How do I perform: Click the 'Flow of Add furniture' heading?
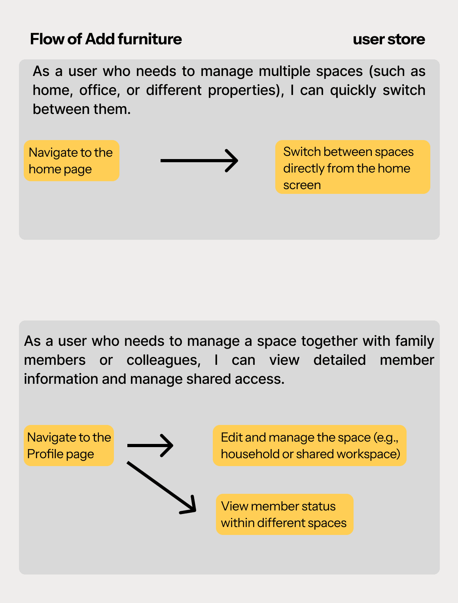(106, 39)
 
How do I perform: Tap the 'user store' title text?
(389, 39)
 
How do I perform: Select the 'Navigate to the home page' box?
(71, 161)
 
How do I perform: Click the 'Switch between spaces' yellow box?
(352, 167)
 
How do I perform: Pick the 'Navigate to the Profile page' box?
(69, 446)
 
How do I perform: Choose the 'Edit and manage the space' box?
(310, 446)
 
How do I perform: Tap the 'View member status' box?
(284, 514)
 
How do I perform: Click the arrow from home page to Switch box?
(199, 161)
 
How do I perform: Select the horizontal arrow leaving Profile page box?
(150, 446)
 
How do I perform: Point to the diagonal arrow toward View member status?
(161, 487)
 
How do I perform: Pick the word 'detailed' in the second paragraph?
(339, 360)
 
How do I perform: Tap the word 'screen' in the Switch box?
(302, 185)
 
